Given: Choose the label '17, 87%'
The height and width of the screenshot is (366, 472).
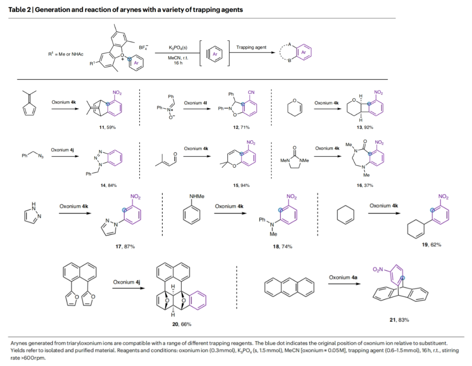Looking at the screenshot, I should (126, 246).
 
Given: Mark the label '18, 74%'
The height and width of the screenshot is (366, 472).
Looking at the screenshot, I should (283, 246).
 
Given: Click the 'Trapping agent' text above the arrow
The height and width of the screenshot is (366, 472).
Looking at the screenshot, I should (250, 47).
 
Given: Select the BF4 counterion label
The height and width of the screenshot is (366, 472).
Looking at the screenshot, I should (143, 47).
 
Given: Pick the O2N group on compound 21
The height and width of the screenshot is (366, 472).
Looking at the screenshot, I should (379, 270).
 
